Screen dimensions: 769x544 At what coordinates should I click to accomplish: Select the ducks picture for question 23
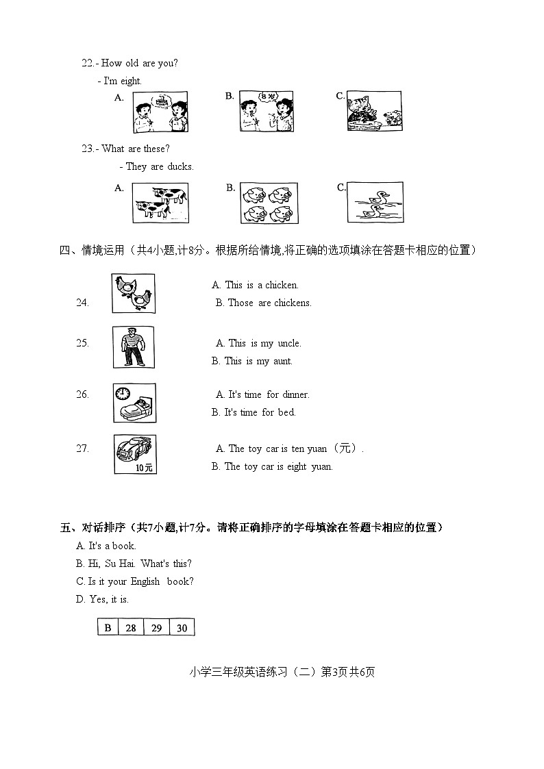tap(375, 203)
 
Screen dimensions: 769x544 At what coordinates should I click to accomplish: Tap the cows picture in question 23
tap(160, 203)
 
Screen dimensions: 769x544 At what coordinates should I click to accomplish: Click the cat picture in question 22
tap(374, 112)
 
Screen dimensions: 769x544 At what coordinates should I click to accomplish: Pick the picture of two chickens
tap(134, 293)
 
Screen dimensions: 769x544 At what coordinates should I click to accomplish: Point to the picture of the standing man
tap(134, 347)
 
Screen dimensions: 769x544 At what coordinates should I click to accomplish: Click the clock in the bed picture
tap(123, 393)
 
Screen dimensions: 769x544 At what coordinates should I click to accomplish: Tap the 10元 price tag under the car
tap(144, 468)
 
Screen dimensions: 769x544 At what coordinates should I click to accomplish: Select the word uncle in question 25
tap(289, 344)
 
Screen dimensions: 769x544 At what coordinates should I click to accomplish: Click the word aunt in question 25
tap(282, 362)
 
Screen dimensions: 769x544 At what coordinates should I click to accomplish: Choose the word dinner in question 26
tap(296, 395)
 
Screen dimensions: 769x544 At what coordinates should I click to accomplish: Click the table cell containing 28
tap(131, 627)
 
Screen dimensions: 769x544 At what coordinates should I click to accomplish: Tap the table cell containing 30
tap(182, 627)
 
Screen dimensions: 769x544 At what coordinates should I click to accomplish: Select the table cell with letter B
tap(108, 627)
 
